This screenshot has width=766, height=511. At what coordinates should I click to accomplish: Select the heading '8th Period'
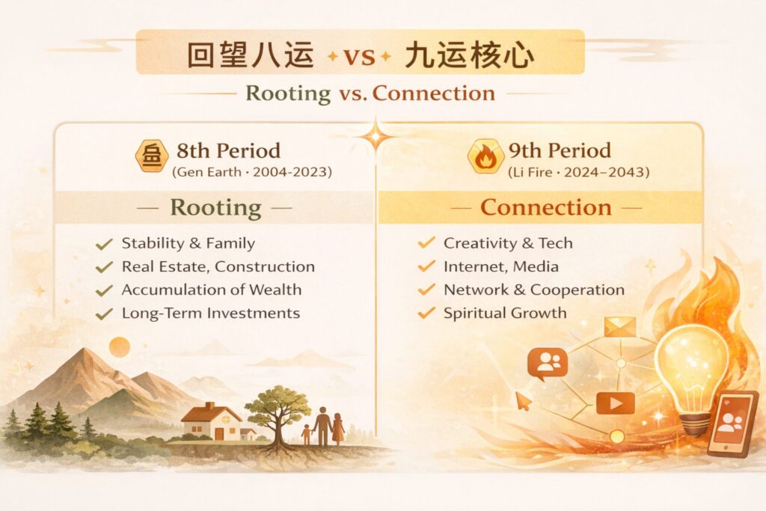click(x=228, y=150)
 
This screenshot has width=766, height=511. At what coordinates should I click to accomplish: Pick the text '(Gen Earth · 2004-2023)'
click(x=252, y=173)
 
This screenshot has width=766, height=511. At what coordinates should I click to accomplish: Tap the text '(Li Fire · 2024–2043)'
click(x=577, y=173)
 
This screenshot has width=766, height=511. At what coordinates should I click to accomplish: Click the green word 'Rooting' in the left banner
click(x=216, y=207)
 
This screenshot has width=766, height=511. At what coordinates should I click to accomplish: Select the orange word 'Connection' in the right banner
click(x=545, y=207)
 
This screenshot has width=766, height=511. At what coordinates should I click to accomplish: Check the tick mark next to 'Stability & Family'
click(x=104, y=243)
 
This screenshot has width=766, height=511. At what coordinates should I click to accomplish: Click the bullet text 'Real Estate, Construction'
click(x=218, y=266)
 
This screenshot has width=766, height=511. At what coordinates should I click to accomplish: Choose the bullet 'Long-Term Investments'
click(x=210, y=313)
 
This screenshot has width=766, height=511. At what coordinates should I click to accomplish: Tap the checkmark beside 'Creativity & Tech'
click(x=426, y=243)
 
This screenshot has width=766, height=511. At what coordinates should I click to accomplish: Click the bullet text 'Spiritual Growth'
click(x=505, y=313)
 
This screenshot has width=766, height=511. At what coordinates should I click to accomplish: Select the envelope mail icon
click(x=619, y=327)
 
